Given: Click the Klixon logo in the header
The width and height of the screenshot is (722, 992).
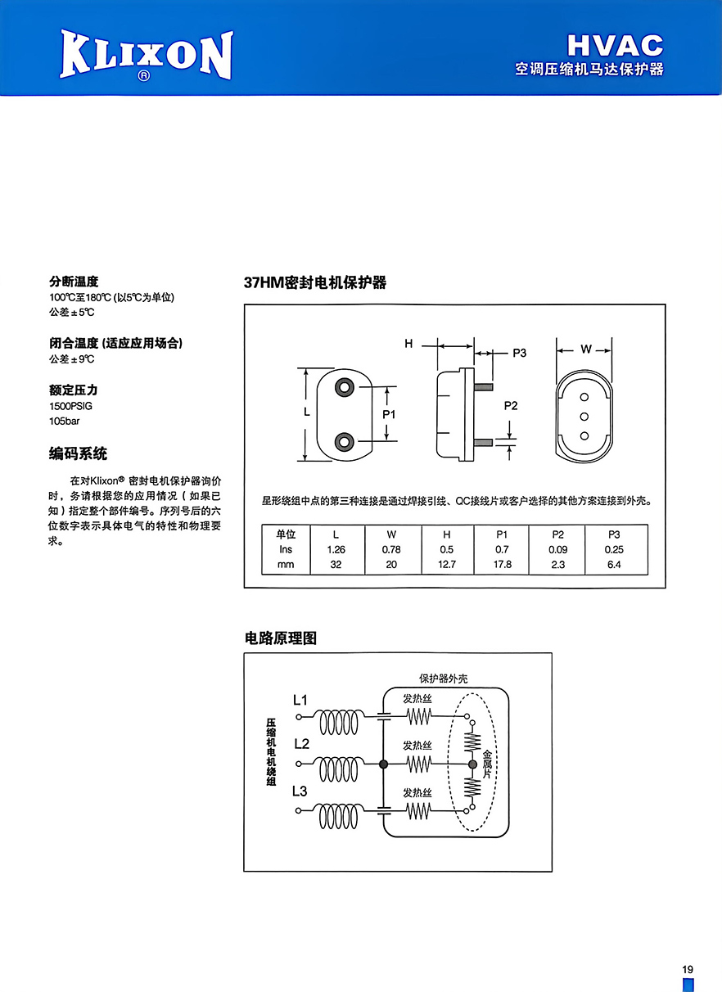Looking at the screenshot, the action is [x=147, y=56].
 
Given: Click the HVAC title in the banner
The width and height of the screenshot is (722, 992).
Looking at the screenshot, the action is [x=616, y=46].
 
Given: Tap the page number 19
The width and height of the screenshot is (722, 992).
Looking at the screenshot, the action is [x=688, y=969].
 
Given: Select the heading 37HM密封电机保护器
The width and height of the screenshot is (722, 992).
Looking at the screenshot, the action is [x=315, y=282].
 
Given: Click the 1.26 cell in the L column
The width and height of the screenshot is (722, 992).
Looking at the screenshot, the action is [x=336, y=549].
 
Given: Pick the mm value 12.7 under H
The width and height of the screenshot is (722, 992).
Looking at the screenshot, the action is [x=446, y=565].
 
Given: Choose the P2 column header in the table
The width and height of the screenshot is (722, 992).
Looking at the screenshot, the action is [x=557, y=534].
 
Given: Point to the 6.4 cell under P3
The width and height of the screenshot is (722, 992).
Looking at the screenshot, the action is [x=614, y=565].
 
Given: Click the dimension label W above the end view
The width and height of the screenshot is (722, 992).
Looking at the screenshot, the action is [x=585, y=349].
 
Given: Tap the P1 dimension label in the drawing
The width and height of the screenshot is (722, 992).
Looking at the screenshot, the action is [x=389, y=414].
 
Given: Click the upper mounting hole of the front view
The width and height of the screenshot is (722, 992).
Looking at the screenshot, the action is [x=344, y=387].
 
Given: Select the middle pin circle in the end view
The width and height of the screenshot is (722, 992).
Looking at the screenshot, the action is [x=584, y=417].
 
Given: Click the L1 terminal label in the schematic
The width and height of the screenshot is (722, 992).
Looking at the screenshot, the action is [x=300, y=700].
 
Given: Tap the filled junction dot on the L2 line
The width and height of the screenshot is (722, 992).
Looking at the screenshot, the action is [x=384, y=764].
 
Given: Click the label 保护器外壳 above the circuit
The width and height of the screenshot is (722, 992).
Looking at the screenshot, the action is [x=443, y=679].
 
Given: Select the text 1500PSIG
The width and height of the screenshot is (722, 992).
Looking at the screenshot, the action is [x=71, y=406].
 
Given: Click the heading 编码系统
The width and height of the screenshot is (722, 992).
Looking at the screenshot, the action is [x=78, y=453].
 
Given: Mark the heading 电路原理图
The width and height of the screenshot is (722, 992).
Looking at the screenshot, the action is [x=281, y=638].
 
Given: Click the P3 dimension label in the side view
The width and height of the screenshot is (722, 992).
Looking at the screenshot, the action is [x=519, y=353].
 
